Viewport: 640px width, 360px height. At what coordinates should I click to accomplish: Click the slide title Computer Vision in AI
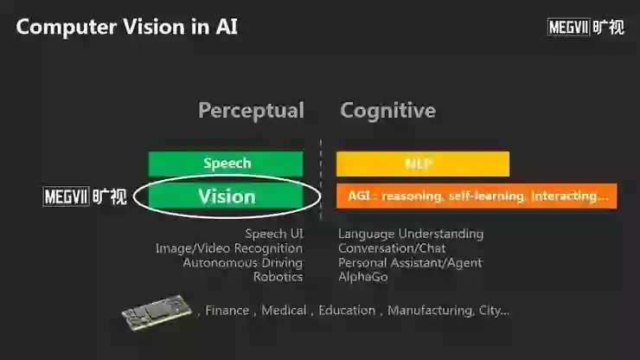coord(127,27)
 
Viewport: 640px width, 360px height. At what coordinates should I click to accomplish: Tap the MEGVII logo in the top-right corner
coord(586,27)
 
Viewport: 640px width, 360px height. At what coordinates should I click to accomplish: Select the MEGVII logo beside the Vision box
coord(85,196)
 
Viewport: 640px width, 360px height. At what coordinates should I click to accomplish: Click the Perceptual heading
coord(251,111)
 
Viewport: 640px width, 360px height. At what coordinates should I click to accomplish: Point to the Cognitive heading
coord(387,111)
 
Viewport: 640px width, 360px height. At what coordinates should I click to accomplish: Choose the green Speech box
coord(226,164)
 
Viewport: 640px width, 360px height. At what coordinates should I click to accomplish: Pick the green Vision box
coord(226,196)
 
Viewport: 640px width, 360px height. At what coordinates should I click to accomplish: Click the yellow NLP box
coord(422,164)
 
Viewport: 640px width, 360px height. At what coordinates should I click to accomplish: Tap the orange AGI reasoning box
coord(477,196)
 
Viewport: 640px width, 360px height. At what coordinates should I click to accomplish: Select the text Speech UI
coord(273,234)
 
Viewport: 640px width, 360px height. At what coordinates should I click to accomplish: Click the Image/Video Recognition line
coord(229,248)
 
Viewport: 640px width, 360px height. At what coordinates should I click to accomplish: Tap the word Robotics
coord(278,277)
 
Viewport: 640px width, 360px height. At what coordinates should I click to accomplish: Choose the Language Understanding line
coord(411,234)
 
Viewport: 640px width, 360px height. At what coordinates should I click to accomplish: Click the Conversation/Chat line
coord(392,248)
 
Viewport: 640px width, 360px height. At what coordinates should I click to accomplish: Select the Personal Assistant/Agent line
coord(410,262)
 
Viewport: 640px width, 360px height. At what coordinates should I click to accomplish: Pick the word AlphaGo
coord(363,277)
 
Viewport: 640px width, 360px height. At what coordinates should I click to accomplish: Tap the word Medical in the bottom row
coord(284,311)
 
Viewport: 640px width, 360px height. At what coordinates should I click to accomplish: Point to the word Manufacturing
coord(429,311)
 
